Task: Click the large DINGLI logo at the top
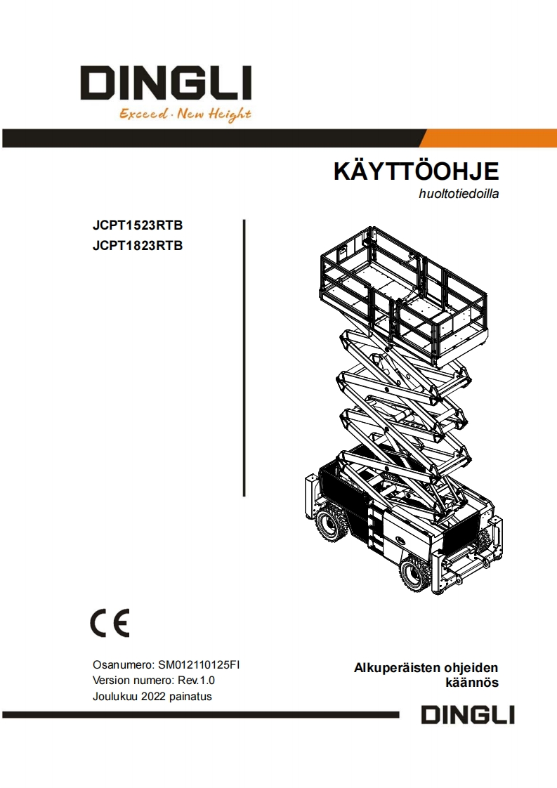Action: [164, 84]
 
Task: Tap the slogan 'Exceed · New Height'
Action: [185, 114]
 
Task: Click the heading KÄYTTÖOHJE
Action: [416, 172]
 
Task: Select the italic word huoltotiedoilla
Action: [459, 195]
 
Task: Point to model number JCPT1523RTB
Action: [138, 226]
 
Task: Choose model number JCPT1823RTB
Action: [138, 246]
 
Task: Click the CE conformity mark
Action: [110, 623]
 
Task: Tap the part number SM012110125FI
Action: [199, 664]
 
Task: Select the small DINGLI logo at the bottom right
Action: [468, 715]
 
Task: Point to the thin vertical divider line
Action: [244, 357]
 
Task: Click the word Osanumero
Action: [122, 664]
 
